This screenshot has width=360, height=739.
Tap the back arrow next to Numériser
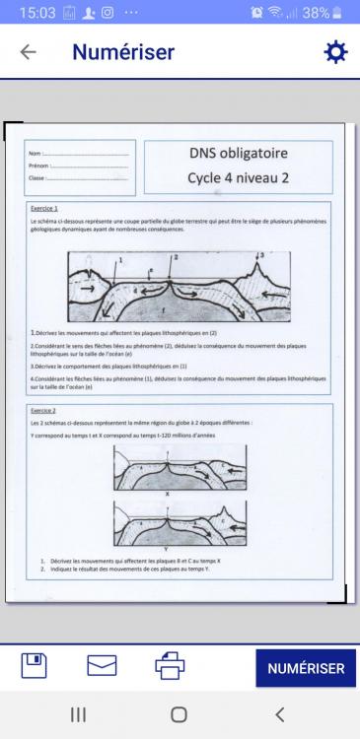[28, 52]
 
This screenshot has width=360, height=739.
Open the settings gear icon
[335, 52]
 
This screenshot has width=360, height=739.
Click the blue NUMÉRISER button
[306, 668]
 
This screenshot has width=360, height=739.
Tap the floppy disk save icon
[35, 666]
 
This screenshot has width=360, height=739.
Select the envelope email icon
[102, 666]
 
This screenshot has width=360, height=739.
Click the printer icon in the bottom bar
[170, 666]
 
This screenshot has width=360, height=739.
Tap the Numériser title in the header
[122, 52]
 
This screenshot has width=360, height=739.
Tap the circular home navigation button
[179, 714]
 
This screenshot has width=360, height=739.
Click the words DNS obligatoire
[237, 154]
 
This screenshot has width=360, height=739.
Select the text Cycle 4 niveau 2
[237, 178]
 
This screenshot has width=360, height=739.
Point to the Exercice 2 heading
[42, 409]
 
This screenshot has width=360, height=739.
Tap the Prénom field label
[38, 167]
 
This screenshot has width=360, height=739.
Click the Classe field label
[37, 178]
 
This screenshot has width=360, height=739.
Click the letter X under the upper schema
[168, 493]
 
